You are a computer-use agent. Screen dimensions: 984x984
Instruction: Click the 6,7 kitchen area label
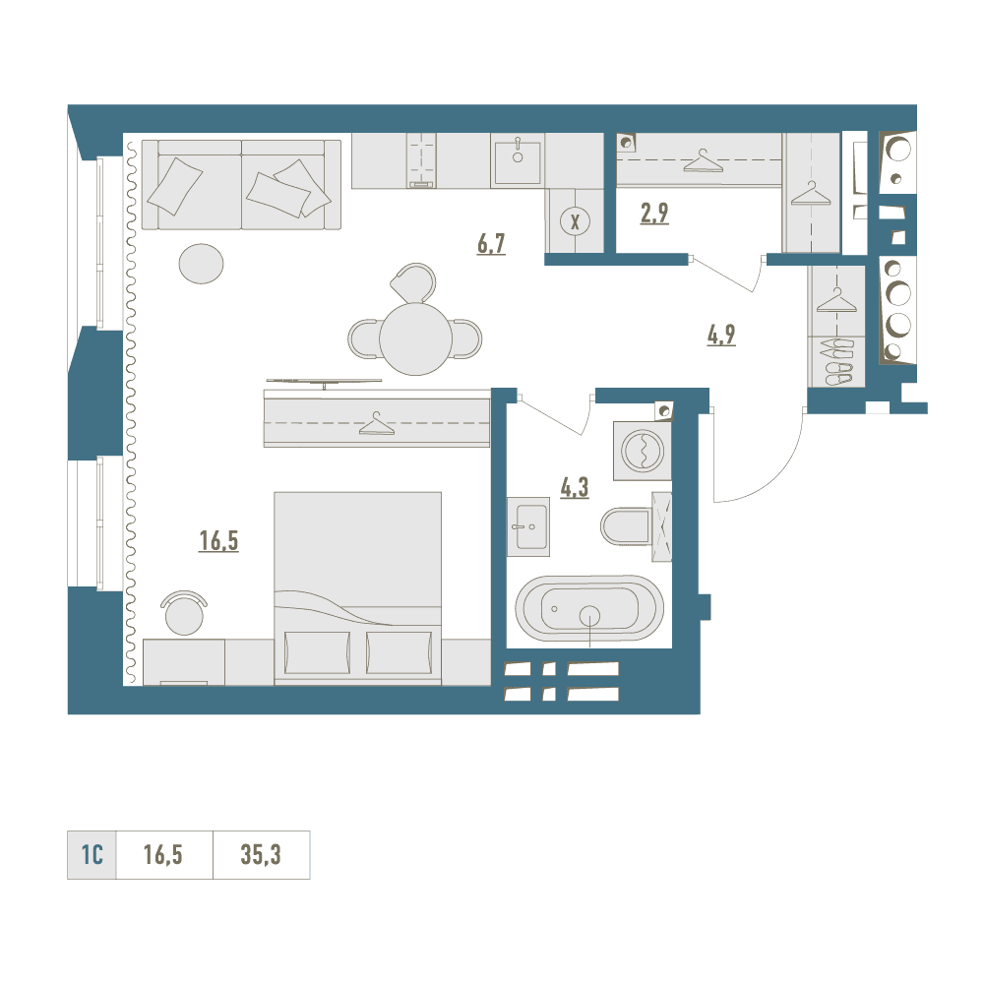pyautogui.click(x=491, y=243)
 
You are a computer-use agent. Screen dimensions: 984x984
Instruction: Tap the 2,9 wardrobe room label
pyautogui.click(x=654, y=214)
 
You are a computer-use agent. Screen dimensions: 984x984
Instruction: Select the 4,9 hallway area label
pyautogui.click(x=721, y=336)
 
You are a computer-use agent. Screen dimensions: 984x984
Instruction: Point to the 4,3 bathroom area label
pyautogui.click(x=575, y=487)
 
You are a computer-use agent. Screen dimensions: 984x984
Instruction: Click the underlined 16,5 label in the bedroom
pyautogui.click(x=218, y=540)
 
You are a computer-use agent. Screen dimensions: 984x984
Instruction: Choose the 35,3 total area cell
pyautogui.click(x=261, y=855)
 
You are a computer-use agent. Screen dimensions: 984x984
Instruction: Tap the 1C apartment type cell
pyautogui.click(x=92, y=855)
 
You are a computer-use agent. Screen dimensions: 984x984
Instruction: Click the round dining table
pyautogui.click(x=415, y=338)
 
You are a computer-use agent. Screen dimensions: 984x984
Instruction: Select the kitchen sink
pyautogui.click(x=518, y=162)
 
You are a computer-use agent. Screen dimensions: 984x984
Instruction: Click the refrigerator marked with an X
pyautogui.click(x=575, y=221)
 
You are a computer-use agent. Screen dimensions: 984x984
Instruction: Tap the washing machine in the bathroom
pyautogui.click(x=642, y=451)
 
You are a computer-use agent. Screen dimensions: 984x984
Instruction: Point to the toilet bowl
pyautogui.click(x=628, y=525)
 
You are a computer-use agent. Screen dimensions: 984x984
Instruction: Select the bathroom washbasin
pyautogui.click(x=528, y=527)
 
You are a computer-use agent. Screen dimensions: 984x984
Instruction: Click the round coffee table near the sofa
pyautogui.click(x=201, y=264)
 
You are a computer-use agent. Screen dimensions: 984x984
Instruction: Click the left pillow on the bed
pyautogui.click(x=317, y=652)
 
